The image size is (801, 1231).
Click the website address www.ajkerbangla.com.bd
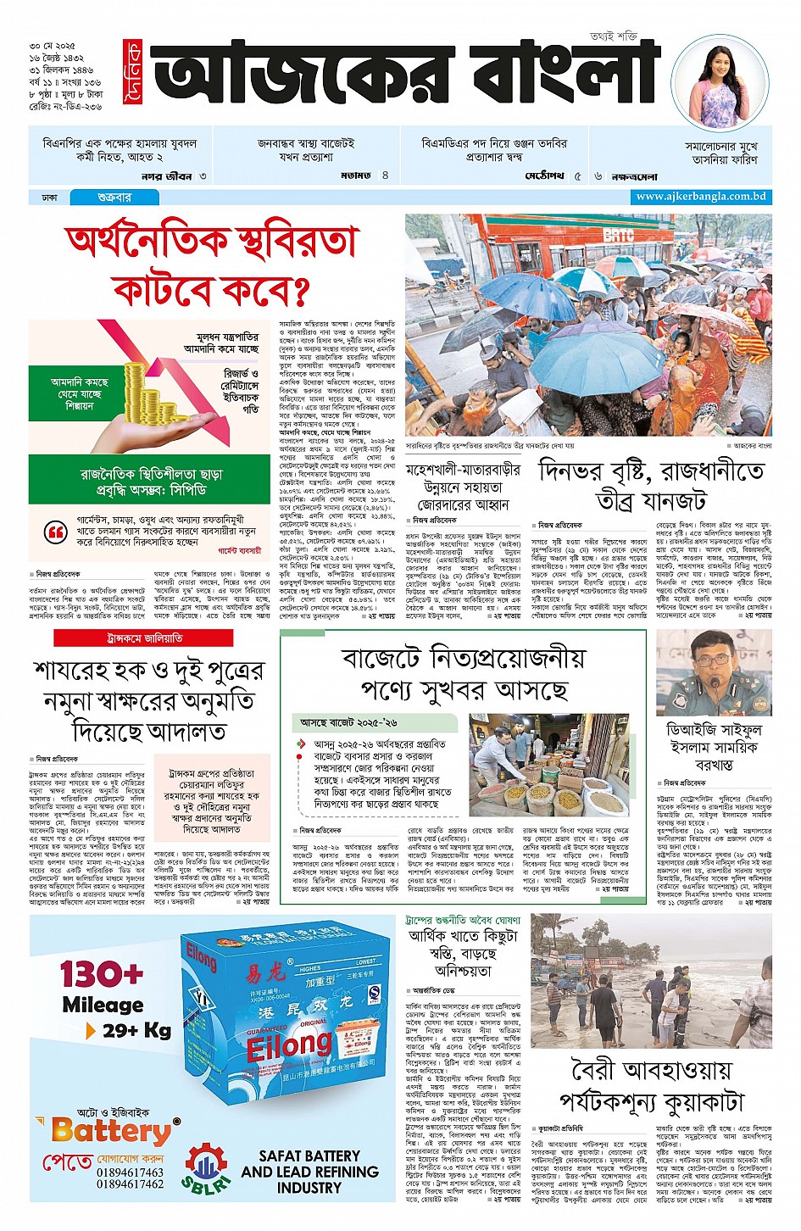[x=701, y=197]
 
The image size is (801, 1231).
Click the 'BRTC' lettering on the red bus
[x=619, y=235]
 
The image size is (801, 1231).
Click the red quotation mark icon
[x=56, y=532]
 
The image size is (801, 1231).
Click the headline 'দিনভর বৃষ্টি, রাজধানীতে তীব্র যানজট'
[x=651, y=486]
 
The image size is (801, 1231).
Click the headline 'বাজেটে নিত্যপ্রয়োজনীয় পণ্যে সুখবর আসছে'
[x=464, y=673]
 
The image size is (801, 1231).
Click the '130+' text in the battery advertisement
[x=102, y=975]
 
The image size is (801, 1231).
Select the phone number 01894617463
[x=130, y=1173]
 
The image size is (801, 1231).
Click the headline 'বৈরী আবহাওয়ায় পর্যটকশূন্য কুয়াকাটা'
[x=652, y=1085]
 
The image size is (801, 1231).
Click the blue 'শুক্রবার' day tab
[x=114, y=197]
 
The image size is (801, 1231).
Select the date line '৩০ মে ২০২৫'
[x=53, y=45]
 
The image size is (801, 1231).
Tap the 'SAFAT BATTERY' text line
[x=309, y=1156]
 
